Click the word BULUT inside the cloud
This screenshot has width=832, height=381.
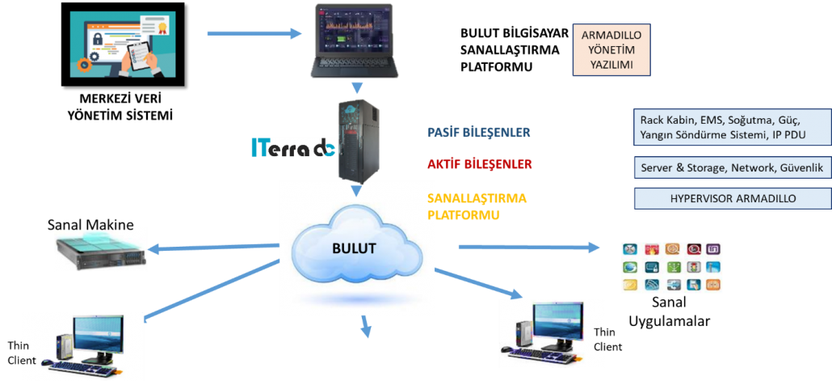[355, 248]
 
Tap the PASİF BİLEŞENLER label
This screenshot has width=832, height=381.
[479, 132]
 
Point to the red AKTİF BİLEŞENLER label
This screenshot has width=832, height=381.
[480, 164]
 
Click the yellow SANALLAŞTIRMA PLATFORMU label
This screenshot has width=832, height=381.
[477, 206]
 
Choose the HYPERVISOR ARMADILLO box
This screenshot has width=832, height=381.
[733, 198]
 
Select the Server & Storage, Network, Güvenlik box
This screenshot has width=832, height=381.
[732, 167]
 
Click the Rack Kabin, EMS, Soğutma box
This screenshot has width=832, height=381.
[732, 126]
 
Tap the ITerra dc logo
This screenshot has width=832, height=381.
[292, 147]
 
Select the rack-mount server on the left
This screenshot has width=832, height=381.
[101, 248]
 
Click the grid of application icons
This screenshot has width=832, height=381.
[670, 267]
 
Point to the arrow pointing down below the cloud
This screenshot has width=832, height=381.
[366, 327]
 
